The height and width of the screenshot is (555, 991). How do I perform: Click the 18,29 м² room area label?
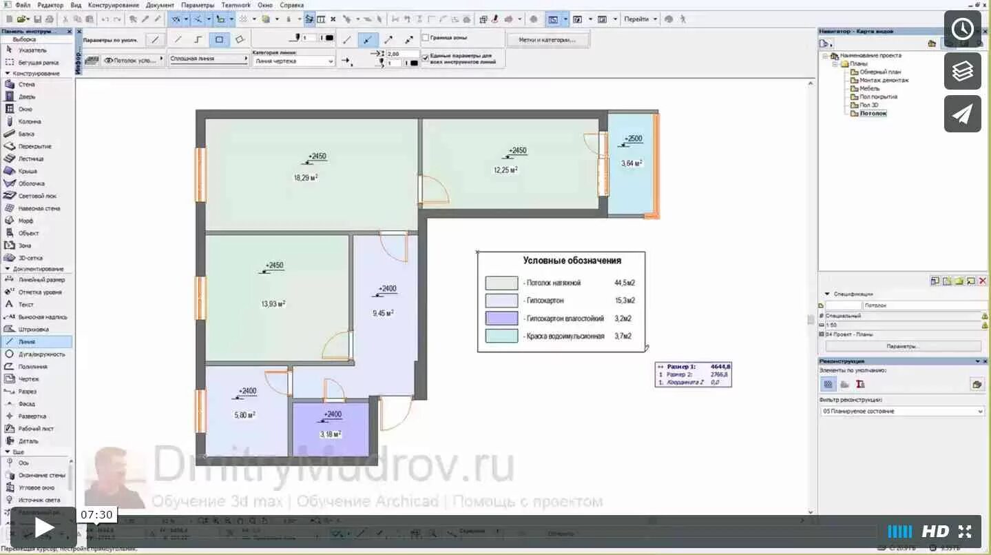click(306, 178)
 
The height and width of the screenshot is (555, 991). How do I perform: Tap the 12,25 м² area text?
click(505, 170)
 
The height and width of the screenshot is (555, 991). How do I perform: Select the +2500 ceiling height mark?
click(633, 139)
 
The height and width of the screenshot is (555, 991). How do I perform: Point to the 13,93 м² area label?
click(273, 304)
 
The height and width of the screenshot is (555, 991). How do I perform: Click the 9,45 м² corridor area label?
click(383, 313)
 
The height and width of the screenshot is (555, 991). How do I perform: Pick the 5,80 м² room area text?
click(244, 415)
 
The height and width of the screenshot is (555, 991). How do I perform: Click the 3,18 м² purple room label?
click(331, 434)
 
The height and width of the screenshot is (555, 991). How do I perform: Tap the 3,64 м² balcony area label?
click(632, 163)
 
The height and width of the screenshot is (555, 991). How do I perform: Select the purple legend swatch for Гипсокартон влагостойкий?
click(501, 319)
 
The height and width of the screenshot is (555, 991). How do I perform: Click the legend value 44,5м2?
click(624, 283)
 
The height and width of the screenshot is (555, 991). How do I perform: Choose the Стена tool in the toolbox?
click(27, 84)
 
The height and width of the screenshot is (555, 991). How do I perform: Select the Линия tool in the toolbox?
click(27, 341)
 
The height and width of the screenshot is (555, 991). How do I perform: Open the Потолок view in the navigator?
click(873, 113)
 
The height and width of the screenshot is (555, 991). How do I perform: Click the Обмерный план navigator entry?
click(879, 72)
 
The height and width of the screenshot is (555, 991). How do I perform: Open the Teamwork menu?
click(236, 5)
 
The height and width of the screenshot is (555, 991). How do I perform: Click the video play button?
click(43, 528)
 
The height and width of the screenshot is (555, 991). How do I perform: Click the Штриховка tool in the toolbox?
click(33, 329)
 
